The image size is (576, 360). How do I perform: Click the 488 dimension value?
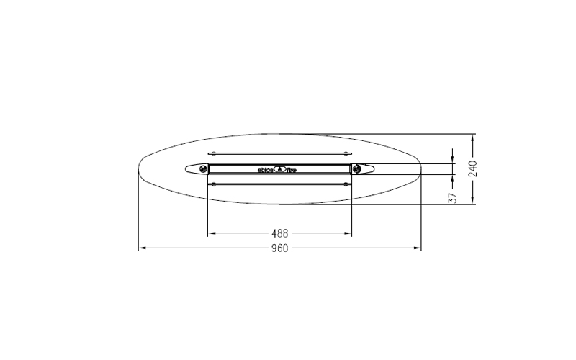click(279, 233)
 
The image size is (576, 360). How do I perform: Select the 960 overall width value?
click(279, 249)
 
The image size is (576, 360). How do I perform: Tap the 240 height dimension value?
click(472, 168)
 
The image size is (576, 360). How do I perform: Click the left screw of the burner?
click(203, 169)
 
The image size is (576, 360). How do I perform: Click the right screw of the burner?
click(356, 169)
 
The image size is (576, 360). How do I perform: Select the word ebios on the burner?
click(266, 171)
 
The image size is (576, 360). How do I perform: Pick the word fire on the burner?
click(292, 171)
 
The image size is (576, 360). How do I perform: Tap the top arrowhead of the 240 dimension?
click(472, 137)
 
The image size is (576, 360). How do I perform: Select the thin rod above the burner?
click(279, 153)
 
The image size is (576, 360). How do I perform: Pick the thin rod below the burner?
click(279, 184)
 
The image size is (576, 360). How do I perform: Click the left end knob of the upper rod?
click(209, 153)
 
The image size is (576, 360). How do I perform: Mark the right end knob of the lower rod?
click(350, 184)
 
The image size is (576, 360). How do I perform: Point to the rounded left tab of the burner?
click(192, 169)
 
